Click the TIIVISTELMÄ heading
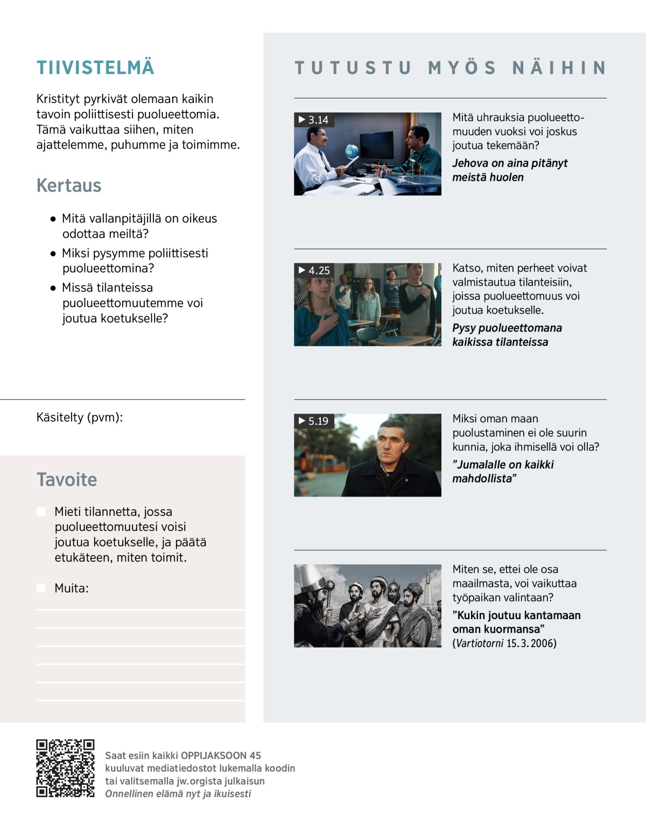95,68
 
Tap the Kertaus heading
69,186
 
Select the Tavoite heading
67,480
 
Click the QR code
65,768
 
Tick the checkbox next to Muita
41,588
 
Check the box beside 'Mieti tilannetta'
41,512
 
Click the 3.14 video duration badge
314,120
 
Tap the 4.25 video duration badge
314,271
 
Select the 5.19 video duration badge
314,421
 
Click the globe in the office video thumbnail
352,151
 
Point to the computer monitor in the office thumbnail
376,144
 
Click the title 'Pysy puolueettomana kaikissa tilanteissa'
507,335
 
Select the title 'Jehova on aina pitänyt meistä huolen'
509,170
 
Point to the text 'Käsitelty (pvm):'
80,417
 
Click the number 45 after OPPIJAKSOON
255,755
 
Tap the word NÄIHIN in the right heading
559,68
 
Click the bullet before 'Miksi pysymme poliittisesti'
53,253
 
